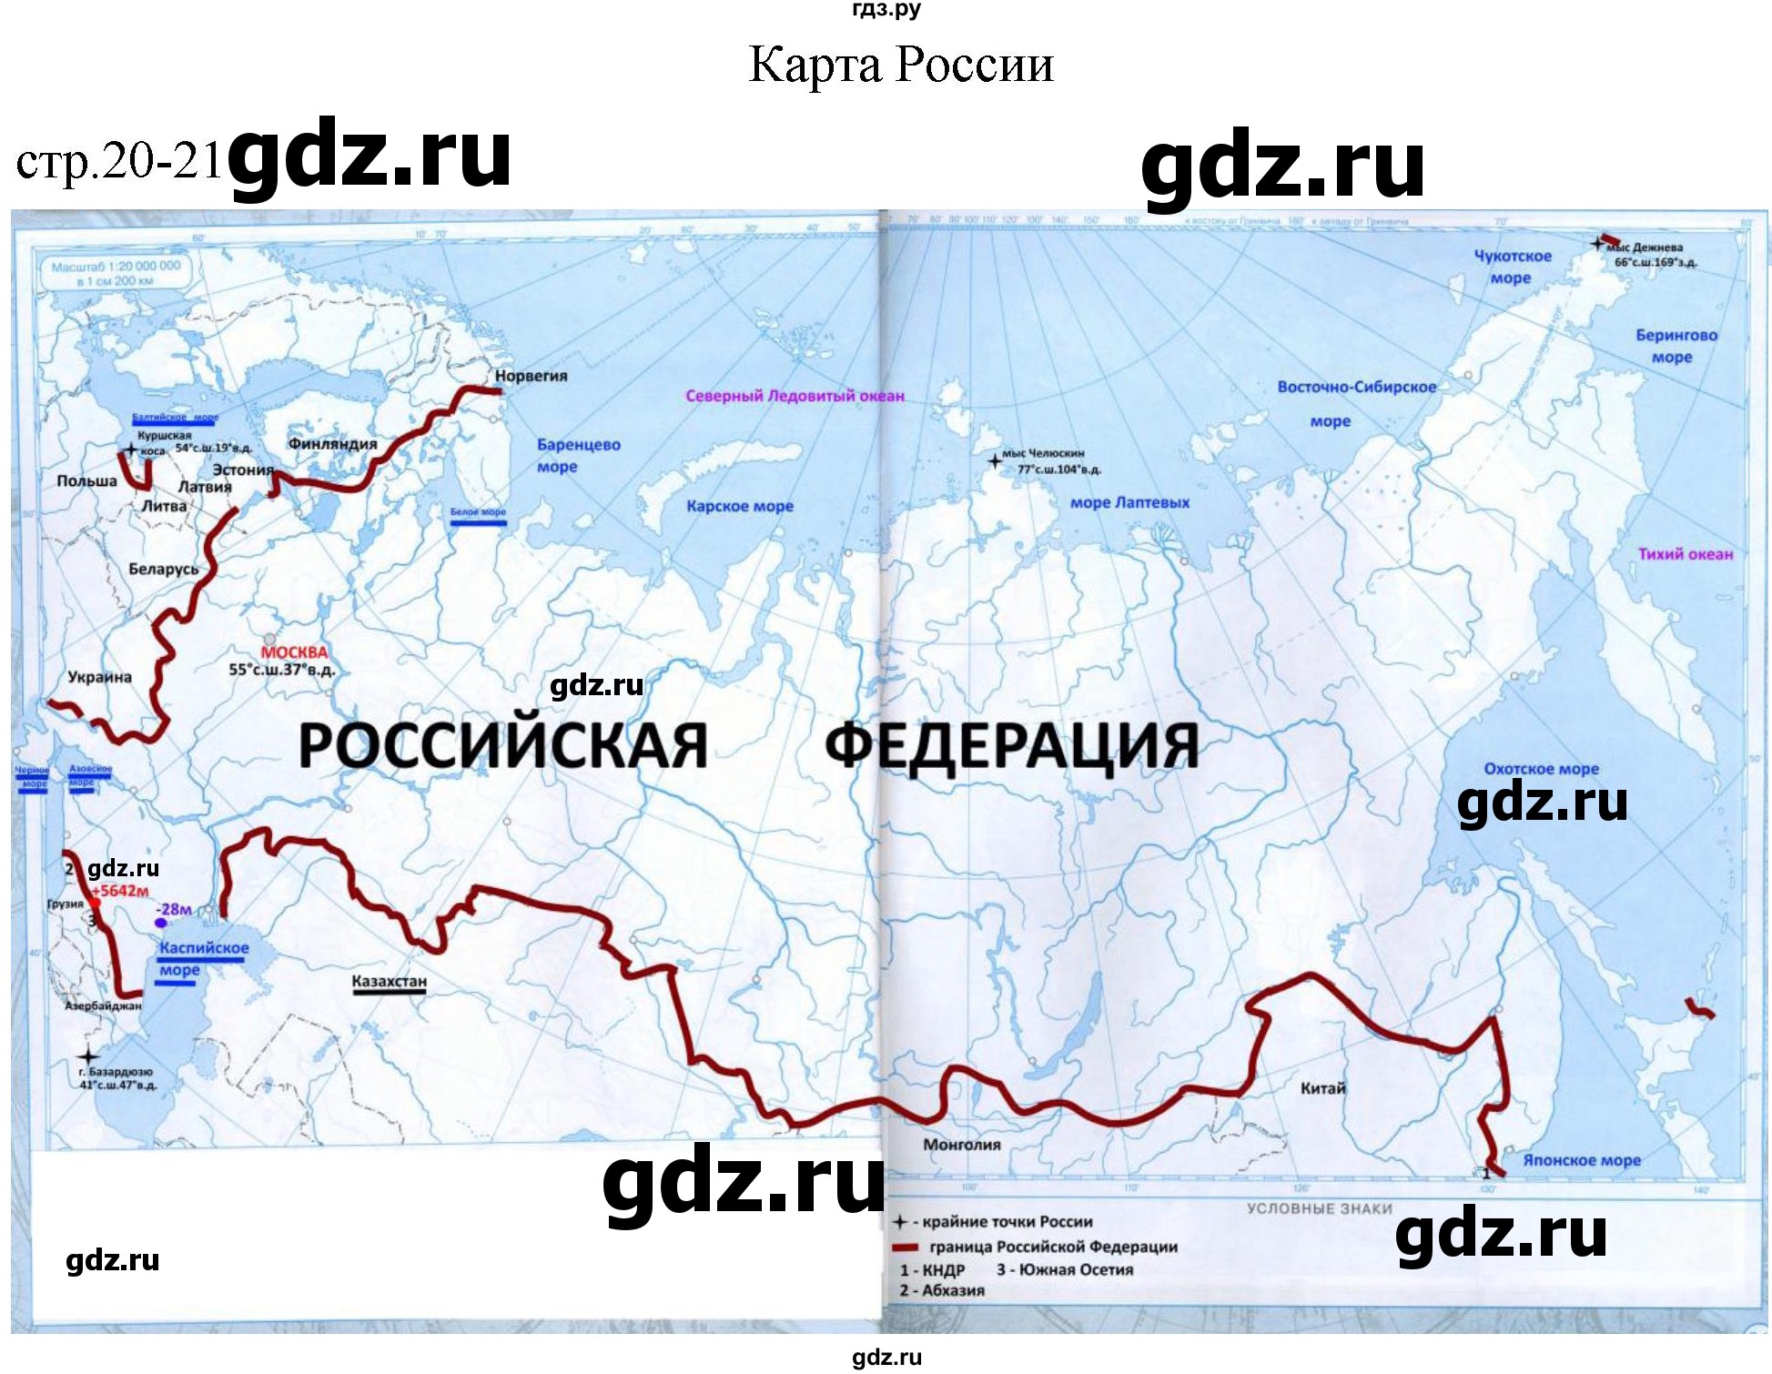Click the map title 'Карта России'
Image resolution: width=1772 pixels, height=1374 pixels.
tap(900, 65)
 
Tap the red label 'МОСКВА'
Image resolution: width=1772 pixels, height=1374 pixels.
tap(294, 652)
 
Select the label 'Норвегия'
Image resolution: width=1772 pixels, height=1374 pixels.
tap(531, 376)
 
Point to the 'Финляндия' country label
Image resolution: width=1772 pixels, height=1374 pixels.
tap(332, 444)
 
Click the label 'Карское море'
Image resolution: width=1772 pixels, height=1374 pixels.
tap(739, 506)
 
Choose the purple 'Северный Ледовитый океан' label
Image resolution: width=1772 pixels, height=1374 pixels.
tap(795, 396)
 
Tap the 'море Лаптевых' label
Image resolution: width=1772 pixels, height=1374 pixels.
tap(1129, 502)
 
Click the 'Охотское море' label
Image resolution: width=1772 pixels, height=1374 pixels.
tap(1541, 769)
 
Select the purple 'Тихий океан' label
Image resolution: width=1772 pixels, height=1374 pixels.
tap(1685, 554)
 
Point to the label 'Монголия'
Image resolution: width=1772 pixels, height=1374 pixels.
tap(961, 1145)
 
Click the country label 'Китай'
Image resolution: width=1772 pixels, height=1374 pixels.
tap(1322, 1088)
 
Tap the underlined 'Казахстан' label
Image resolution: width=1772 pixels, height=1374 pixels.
tap(389, 981)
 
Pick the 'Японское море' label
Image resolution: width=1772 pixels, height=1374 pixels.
tap(1581, 1160)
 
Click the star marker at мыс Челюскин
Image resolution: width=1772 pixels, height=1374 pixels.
tap(995, 461)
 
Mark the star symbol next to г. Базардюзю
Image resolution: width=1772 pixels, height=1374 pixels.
tap(87, 1056)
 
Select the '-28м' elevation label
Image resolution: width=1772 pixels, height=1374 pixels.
tap(174, 909)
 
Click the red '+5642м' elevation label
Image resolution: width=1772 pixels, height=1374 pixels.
tap(123, 891)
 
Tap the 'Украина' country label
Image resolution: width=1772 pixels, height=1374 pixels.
tap(99, 677)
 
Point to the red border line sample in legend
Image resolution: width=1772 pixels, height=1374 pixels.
tap(905, 1248)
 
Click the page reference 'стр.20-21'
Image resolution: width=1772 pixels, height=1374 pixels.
tap(118, 162)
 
